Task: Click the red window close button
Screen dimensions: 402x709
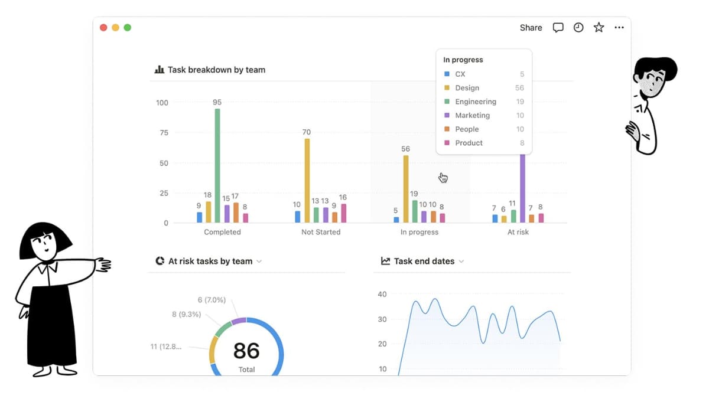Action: click(x=103, y=28)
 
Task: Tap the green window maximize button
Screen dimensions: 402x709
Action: click(x=128, y=28)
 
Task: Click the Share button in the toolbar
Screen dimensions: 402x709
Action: click(x=531, y=28)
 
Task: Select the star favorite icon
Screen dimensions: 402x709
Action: click(x=599, y=28)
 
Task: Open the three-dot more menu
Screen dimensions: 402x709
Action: click(x=619, y=28)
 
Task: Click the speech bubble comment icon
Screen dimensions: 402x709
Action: click(x=558, y=28)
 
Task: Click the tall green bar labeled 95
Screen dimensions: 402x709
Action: click(x=217, y=165)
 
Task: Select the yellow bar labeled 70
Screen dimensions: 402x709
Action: click(x=307, y=180)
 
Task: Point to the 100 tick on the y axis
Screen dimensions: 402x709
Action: click(x=162, y=103)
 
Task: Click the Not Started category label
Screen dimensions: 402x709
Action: click(x=321, y=232)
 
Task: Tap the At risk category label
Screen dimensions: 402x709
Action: click(x=518, y=232)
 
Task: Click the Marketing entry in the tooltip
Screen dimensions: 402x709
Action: click(x=472, y=115)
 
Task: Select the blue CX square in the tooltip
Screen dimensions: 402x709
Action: click(x=447, y=74)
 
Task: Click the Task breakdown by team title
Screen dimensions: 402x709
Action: click(x=216, y=70)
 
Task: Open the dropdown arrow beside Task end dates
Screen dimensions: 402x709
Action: click(x=461, y=262)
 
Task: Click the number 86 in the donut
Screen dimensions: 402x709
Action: click(x=246, y=351)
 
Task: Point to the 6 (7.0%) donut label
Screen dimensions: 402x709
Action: click(x=212, y=300)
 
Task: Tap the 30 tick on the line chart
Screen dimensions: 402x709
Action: click(x=382, y=319)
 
